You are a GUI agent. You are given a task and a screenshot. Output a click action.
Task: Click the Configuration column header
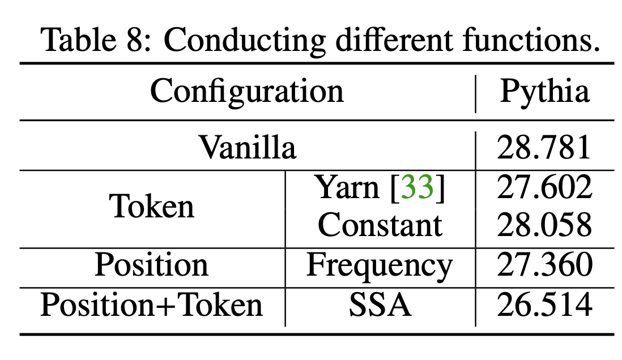tap(247, 92)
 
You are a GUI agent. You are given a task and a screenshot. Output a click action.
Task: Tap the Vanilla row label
tap(247, 148)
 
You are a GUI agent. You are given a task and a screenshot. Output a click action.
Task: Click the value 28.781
tap(544, 149)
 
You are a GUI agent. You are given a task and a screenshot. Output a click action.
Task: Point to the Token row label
tap(152, 207)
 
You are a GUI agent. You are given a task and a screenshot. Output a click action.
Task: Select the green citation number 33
tap(417, 188)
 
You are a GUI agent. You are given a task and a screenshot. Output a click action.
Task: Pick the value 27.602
tap(544, 188)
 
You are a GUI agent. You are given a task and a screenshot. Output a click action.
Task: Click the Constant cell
tap(380, 225)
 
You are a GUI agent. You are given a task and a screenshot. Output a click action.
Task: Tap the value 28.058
tap(544, 225)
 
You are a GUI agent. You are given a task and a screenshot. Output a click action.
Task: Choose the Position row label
tap(151, 265)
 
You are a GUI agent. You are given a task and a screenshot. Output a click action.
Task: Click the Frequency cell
tap(380, 265)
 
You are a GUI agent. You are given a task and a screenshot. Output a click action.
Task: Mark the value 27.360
tap(544, 265)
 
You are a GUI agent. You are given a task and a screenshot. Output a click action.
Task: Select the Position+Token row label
tap(151, 305)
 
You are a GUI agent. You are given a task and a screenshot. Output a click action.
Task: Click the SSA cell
tap(380, 305)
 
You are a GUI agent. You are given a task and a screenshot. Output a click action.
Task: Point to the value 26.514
tap(544, 305)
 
